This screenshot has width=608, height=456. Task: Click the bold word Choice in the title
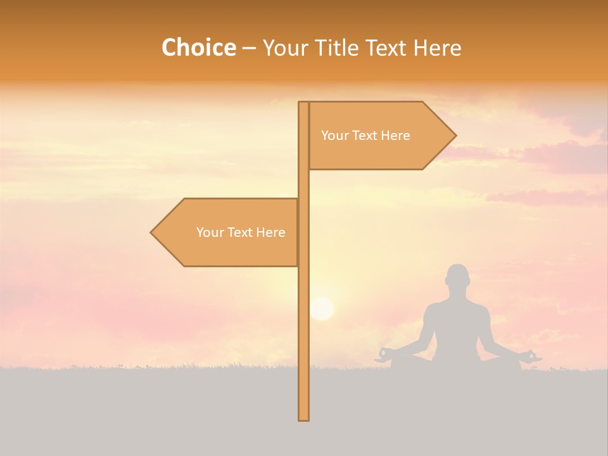tap(198, 48)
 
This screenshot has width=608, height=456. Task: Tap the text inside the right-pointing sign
tap(365, 136)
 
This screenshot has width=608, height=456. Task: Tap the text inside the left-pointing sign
tap(241, 232)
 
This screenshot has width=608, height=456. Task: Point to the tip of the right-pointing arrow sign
tap(455, 135)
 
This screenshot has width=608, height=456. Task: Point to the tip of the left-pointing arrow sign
tap(152, 232)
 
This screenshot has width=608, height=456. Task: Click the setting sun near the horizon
tap(322, 308)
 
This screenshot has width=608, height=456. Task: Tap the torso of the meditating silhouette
tap(456, 323)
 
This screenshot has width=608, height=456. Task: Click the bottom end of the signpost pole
tap(303, 418)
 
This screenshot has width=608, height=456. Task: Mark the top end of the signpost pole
tap(303, 103)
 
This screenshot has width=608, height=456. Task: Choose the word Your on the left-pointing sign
tap(210, 232)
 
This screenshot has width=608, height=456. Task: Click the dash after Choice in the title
tap(249, 48)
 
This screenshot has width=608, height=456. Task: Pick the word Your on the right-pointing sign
tap(334, 136)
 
